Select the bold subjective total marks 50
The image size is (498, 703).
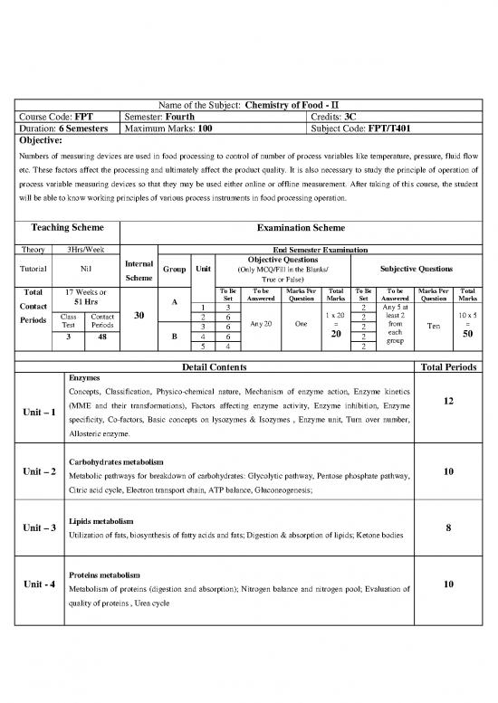pyautogui.click(x=468, y=334)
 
